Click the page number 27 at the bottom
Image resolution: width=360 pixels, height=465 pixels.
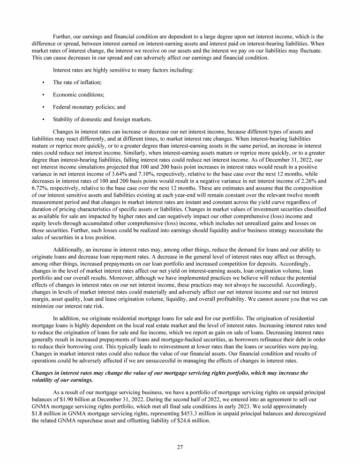180,447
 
